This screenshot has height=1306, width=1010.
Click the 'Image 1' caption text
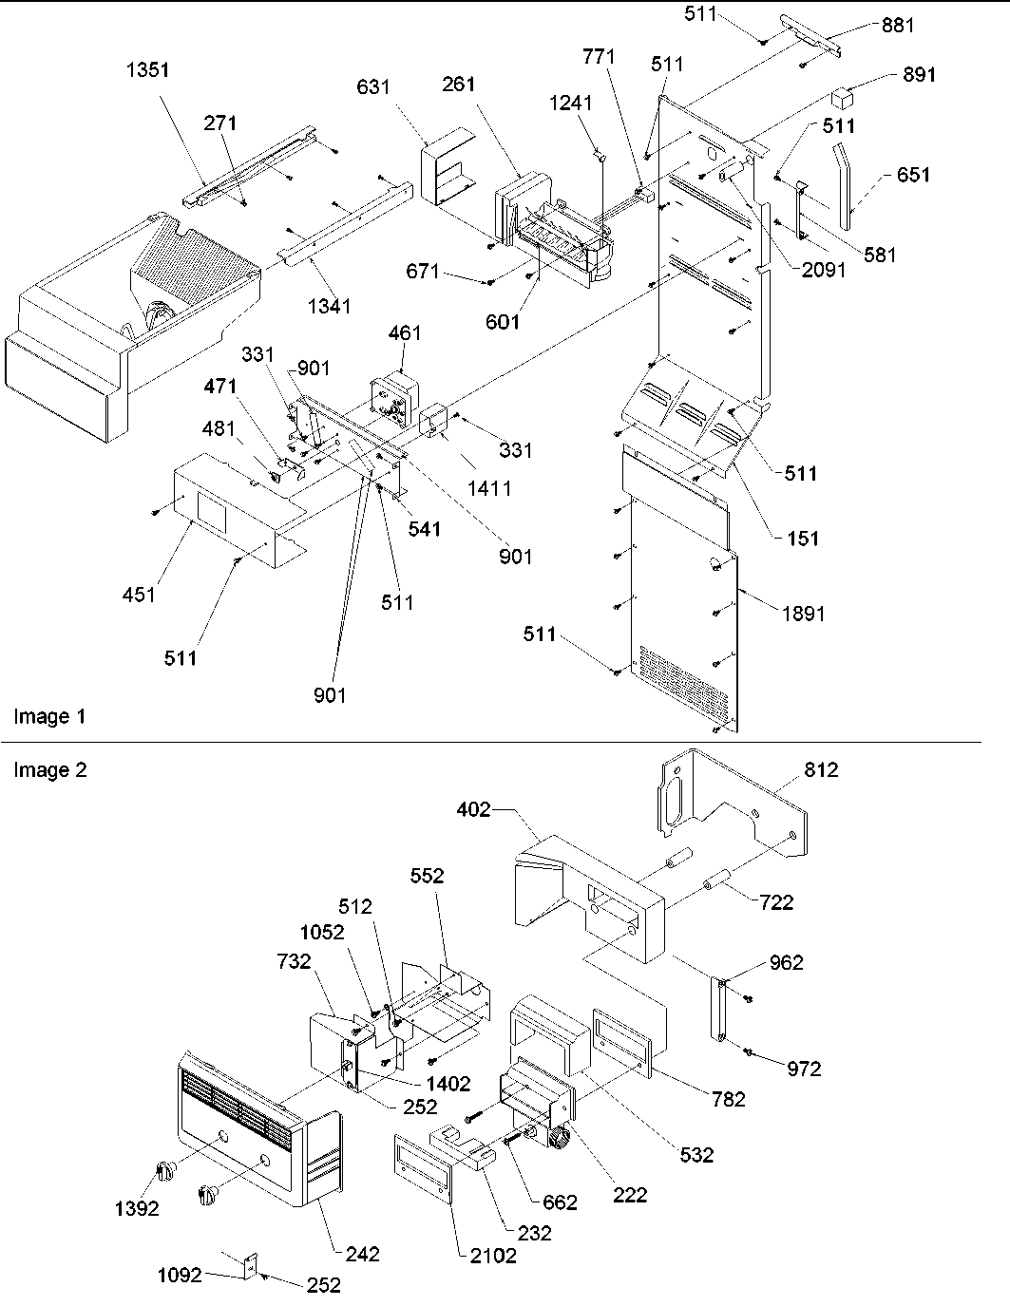[x=49, y=716]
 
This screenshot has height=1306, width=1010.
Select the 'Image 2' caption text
[x=49, y=770]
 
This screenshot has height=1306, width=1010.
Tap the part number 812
[x=821, y=770]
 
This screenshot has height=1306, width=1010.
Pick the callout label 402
[x=473, y=810]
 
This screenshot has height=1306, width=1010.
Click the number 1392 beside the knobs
[x=137, y=1209]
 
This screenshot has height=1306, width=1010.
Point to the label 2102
[x=494, y=1256]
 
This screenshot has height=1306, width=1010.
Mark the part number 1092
[x=179, y=1276]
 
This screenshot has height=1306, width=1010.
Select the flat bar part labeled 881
[x=814, y=32]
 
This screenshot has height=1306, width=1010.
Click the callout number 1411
[x=488, y=488]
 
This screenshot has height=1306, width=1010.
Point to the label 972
[x=804, y=1069]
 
